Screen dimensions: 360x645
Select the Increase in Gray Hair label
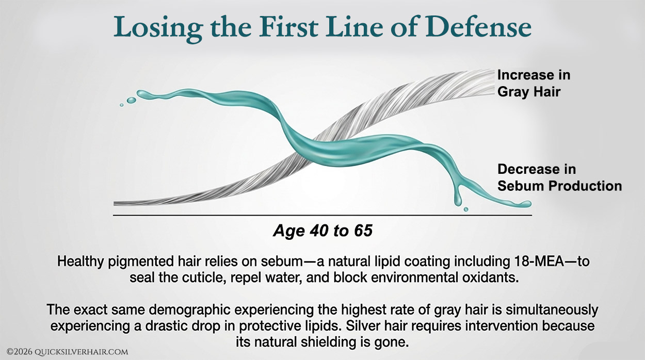click(x=533, y=83)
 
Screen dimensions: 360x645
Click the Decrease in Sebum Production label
click(x=559, y=177)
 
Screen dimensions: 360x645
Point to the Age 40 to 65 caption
click(x=322, y=231)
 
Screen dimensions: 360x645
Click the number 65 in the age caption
click(x=362, y=231)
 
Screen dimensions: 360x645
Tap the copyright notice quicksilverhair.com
click(x=67, y=352)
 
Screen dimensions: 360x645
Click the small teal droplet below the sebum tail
click(x=466, y=209)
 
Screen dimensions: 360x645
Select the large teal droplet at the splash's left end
click(x=132, y=100)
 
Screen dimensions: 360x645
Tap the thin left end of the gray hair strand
click(x=121, y=203)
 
